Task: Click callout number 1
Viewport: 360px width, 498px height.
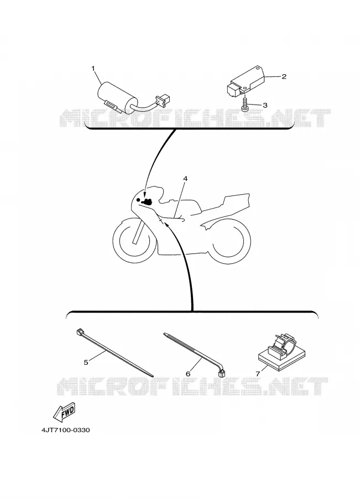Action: (x=93, y=68)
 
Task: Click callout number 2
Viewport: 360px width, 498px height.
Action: (x=284, y=76)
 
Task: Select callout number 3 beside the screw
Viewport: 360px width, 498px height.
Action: (x=265, y=105)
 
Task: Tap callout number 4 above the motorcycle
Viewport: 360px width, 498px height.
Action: (x=185, y=179)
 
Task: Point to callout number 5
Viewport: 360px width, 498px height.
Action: (x=86, y=362)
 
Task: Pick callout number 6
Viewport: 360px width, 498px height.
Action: (x=188, y=374)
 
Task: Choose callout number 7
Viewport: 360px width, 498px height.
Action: (x=258, y=374)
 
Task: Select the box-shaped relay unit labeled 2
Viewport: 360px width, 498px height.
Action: (x=246, y=81)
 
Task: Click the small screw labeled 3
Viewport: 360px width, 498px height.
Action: (x=245, y=104)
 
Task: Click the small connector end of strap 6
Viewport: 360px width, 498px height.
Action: (x=222, y=373)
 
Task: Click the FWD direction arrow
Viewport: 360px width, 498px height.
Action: (x=65, y=412)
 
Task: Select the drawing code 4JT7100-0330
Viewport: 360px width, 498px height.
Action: (x=65, y=430)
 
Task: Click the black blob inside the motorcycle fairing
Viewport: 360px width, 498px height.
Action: (x=148, y=201)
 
